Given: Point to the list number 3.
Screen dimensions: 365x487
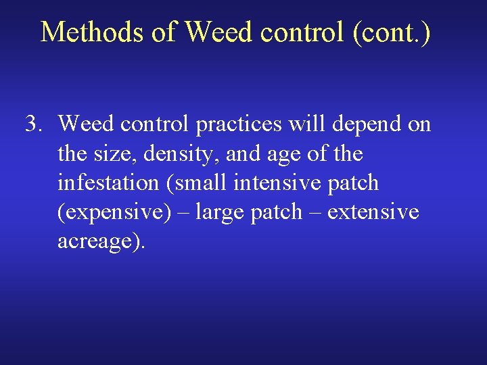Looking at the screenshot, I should tap(34, 124).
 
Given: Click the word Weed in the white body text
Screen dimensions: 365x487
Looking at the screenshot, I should tap(83, 124).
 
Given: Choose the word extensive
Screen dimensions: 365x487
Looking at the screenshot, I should tap(373, 212).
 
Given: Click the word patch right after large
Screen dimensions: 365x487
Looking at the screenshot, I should tap(275, 213).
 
